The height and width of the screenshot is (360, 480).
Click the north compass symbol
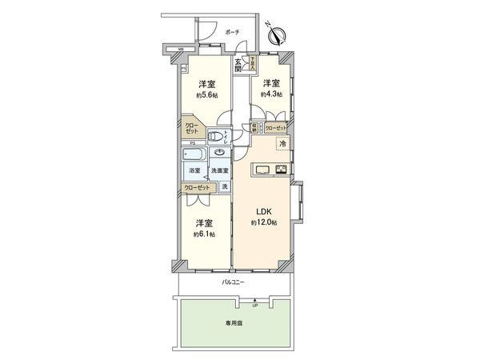pos(278,34)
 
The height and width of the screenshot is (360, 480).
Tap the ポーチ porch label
pos(232,32)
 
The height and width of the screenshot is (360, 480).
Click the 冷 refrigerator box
pos(282,143)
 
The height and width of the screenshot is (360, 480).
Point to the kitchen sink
pos(262,168)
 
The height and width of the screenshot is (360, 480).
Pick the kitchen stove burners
pos(282,168)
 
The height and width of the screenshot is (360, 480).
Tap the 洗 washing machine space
pos(225,186)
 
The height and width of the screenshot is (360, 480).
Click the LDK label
pos(264,212)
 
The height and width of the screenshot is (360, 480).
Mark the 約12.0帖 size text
pos(264,222)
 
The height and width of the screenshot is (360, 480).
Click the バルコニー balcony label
pos(233,283)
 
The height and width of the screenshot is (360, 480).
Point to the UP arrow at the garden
pos(255,302)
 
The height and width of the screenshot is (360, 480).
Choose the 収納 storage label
pos(254,126)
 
